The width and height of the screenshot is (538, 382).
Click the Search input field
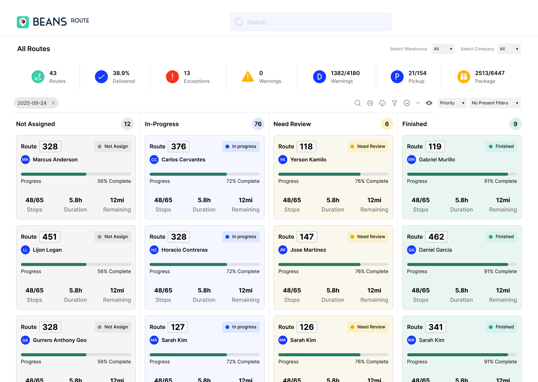(x=311, y=22)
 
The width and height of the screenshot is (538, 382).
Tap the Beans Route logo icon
(x=23, y=22)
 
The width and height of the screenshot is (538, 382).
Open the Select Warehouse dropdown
(x=443, y=49)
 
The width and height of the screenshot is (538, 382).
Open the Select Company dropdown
(x=509, y=49)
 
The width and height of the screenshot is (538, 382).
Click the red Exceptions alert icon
(x=172, y=77)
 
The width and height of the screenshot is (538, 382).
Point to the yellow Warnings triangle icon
(x=248, y=77)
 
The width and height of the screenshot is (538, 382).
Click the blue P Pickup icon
(x=397, y=77)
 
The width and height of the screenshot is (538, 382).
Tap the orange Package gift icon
(x=464, y=77)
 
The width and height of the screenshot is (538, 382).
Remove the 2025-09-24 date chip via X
(x=53, y=103)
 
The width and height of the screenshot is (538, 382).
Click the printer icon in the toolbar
(x=370, y=103)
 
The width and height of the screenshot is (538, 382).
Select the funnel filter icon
(x=395, y=103)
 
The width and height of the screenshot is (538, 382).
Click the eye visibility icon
(x=429, y=103)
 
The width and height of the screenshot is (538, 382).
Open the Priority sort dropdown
(x=452, y=103)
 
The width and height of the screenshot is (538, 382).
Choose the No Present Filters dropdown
(x=495, y=103)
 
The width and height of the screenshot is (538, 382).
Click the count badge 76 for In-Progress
(x=258, y=124)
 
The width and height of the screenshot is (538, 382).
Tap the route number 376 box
(x=179, y=147)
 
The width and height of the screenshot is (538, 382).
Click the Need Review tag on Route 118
(x=368, y=147)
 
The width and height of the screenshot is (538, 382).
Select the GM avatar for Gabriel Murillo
(x=411, y=160)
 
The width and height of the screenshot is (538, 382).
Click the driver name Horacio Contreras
(x=185, y=250)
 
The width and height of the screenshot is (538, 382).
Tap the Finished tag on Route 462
(x=501, y=237)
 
